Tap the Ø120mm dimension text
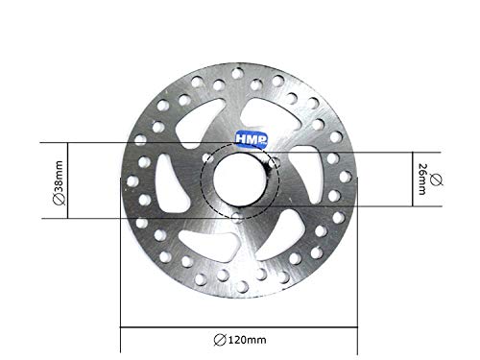[x=240, y=340]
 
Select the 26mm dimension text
[x=422, y=180]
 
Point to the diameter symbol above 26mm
[x=436, y=180]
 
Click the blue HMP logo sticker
[x=252, y=139]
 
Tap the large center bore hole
[x=240, y=180]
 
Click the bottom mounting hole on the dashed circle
[x=237, y=218]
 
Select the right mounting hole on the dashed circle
[x=274, y=162]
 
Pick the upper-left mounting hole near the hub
[x=208, y=157]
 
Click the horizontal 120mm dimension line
[x=239, y=327]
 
